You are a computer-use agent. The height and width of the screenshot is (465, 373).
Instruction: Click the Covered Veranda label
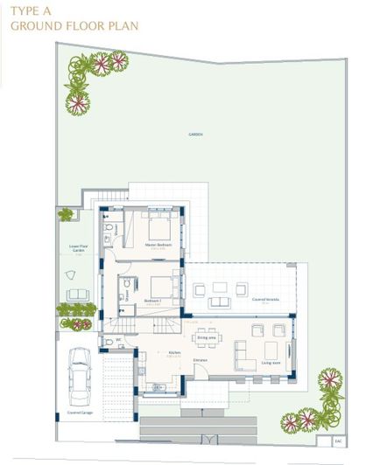(x=260, y=300)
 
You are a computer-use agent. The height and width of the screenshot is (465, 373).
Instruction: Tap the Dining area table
(x=207, y=328)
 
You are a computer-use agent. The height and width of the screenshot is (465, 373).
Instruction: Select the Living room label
(x=271, y=361)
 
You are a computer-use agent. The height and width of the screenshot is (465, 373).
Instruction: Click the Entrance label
(x=201, y=360)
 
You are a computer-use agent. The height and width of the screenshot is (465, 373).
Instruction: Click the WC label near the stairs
(x=118, y=339)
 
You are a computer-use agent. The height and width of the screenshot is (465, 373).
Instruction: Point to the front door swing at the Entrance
(x=199, y=371)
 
